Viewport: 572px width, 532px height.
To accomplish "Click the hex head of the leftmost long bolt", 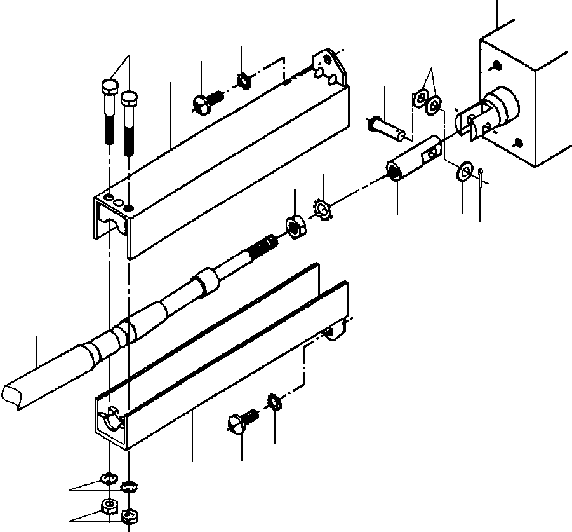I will coord(109,88).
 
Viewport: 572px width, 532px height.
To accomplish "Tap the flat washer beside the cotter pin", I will coord(464,170).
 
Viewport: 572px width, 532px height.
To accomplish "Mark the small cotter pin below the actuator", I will coord(482,173).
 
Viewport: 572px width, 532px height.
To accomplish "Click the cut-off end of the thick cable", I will coord(14,394).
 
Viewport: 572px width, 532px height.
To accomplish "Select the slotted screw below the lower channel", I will coord(240,422).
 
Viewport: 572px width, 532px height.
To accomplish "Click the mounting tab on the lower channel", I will coord(335,329).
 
